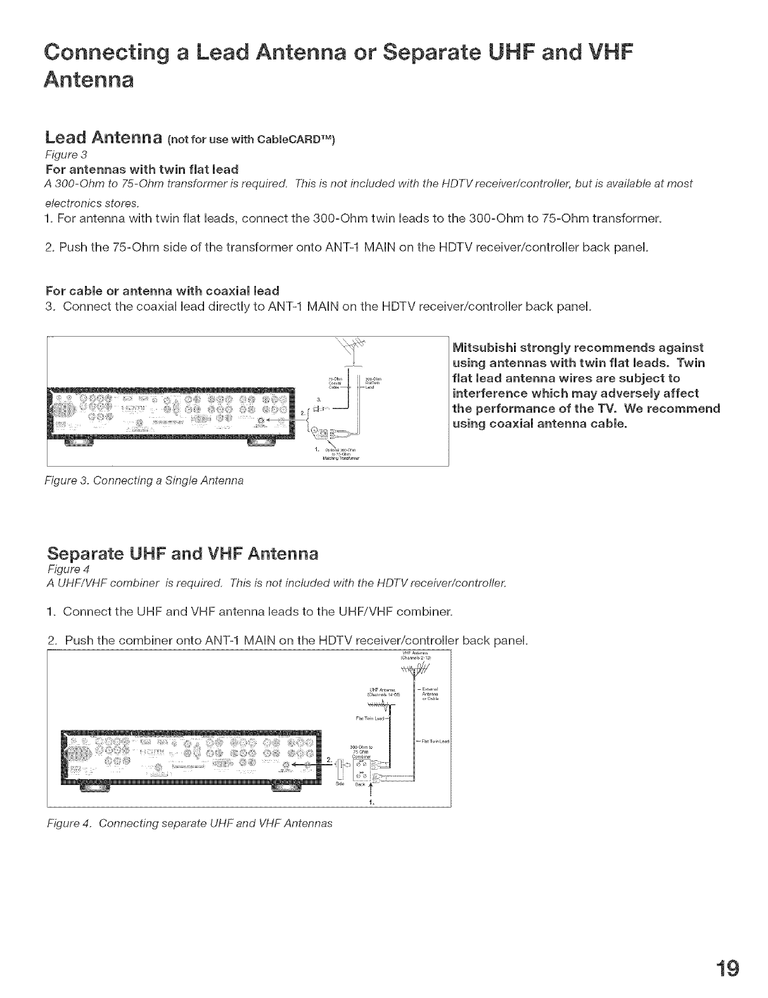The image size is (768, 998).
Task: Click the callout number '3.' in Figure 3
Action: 310,399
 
